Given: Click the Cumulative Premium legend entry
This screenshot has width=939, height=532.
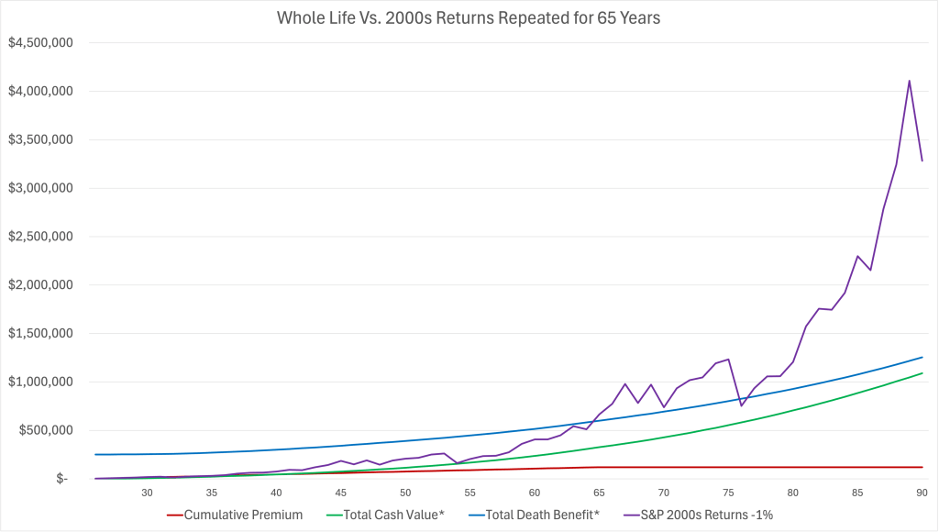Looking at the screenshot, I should pos(243,515).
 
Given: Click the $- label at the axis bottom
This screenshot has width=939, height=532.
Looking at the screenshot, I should pos(61,479).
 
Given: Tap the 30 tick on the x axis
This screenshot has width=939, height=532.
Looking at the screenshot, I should pos(147,493).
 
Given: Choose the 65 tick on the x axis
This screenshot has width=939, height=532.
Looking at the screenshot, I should pos(599,493).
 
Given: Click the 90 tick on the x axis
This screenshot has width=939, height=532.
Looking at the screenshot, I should pos(922,493).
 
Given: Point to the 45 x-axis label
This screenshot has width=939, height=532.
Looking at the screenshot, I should pos(340,493).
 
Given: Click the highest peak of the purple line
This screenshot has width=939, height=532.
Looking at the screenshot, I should pos(909,81).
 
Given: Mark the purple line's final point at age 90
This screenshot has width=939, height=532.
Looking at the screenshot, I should pos(922,161).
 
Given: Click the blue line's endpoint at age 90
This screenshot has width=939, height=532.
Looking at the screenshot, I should pos(922,357).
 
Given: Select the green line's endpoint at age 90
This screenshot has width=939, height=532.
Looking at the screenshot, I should pos(922,373).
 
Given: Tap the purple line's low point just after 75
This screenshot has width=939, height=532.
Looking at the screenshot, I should pos(741,405).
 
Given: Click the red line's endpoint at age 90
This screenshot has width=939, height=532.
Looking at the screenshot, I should pos(922,467).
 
